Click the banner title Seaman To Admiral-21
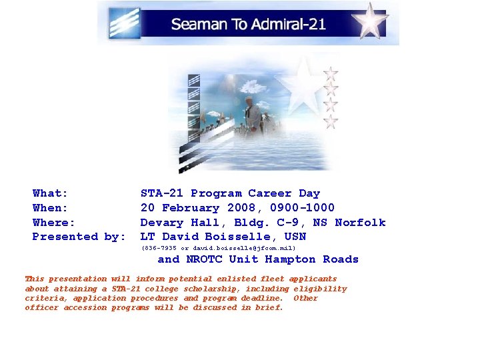[248, 25]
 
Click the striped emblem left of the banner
[125, 23]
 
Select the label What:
[51, 193]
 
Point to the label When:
[51, 208]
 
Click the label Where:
[54, 222]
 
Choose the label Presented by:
[79, 237]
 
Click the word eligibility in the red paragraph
[321, 289]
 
